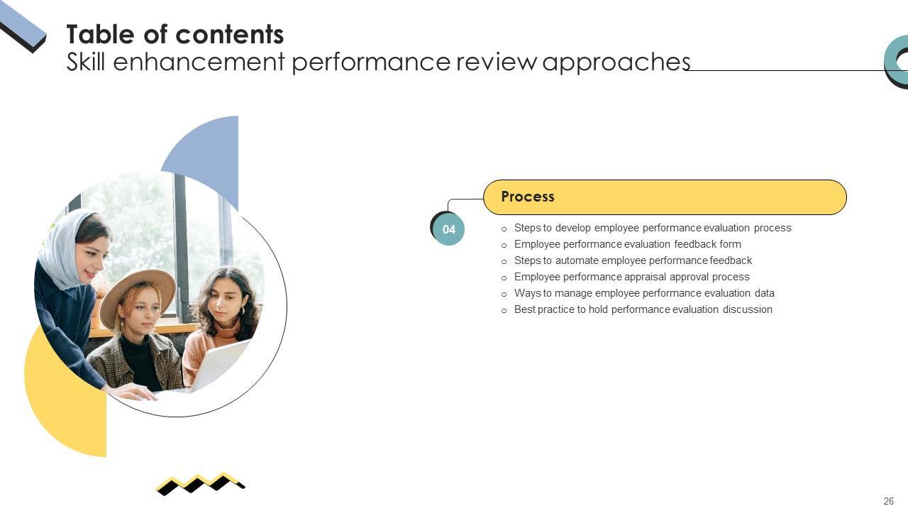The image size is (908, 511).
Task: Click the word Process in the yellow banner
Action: coord(527,197)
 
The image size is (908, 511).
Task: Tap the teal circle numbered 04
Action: coord(448,229)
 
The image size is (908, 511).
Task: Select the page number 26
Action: coord(888,501)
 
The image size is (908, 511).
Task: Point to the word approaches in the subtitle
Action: coord(616,62)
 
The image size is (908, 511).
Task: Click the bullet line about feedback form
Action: coord(627,244)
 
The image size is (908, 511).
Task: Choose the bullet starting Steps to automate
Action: coord(633,260)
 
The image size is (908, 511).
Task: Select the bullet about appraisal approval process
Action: coord(631,277)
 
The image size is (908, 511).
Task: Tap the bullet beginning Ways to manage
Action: coord(644,293)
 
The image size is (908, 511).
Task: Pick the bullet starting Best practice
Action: coord(643,309)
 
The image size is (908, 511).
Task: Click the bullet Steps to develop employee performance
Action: coord(652,228)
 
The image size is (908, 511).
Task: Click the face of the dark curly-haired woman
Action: coord(224,302)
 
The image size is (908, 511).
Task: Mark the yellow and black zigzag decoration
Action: coord(200,483)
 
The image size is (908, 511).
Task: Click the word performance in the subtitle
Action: coord(371,62)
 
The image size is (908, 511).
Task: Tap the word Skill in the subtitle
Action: coord(86,62)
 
